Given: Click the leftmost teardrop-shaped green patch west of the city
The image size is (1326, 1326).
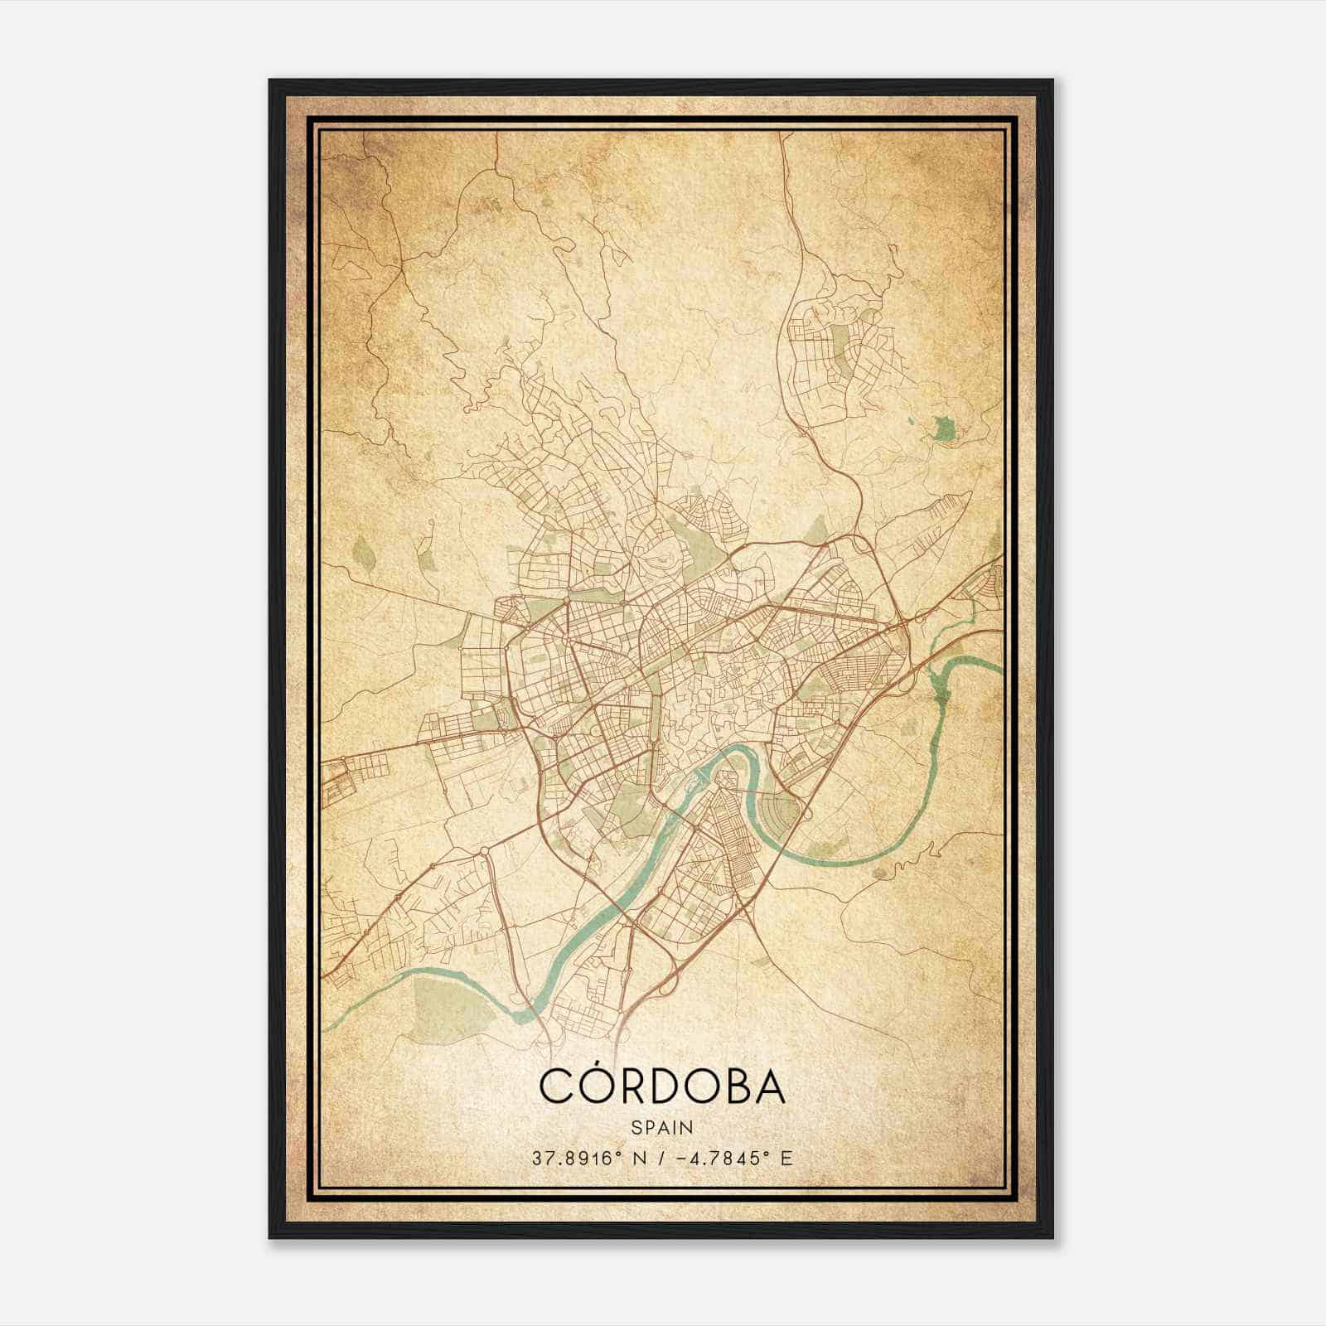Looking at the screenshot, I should pyautogui.click(x=362, y=549).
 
